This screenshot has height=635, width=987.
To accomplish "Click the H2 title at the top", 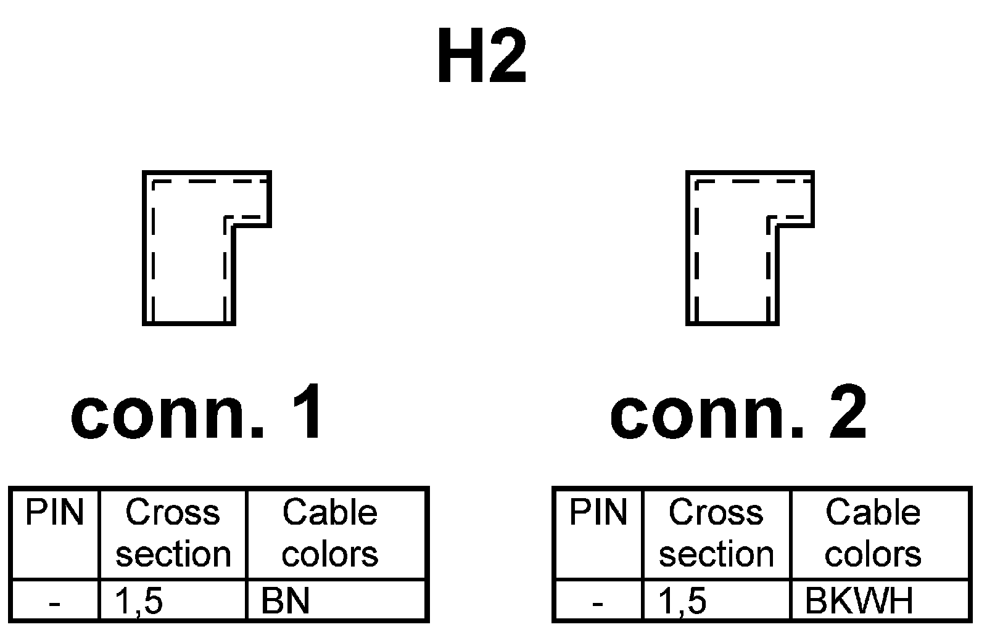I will pos(482,57).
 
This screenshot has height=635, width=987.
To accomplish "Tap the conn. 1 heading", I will pos(197,412).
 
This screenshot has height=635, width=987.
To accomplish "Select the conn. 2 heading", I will pos(738,412).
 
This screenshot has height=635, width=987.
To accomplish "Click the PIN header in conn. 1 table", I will pos(54,513).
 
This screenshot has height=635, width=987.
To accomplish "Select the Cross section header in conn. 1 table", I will pos(173,533).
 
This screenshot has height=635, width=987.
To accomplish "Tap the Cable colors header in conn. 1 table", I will pos(330,533).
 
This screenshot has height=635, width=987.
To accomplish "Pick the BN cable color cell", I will pos(286,601).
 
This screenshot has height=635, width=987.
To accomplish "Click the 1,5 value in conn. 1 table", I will pos(139,601).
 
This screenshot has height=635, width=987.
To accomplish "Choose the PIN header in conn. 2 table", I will pos(598,513).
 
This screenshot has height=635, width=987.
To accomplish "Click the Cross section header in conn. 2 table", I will pos(716,533).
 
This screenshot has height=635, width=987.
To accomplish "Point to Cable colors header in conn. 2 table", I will pos(873,533).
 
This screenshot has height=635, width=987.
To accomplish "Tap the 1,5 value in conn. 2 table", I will pos(682,601).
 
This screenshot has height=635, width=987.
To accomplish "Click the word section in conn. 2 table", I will pos(716,554).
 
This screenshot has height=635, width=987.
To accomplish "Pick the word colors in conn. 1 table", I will pos(330,554).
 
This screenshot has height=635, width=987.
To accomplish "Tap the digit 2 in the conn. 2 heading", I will pos(846,412).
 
